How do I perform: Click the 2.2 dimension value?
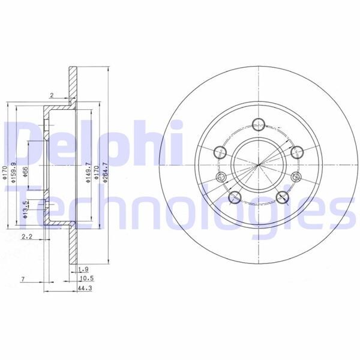coord(26,238)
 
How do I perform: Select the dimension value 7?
coord(22,279)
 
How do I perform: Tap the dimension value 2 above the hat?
coord(52,95)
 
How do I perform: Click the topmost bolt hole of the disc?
coord(259,125)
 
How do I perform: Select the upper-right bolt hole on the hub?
coord(295,151)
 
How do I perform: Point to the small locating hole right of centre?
coord(296,176)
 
